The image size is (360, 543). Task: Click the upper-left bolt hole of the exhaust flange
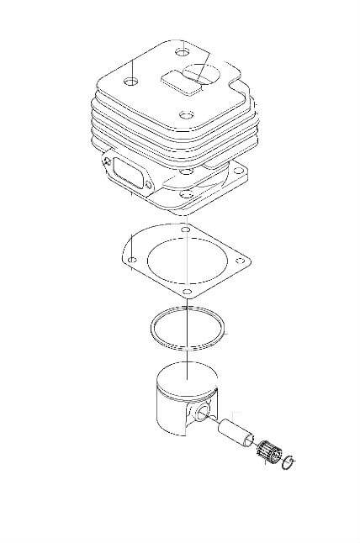click(107, 157)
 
